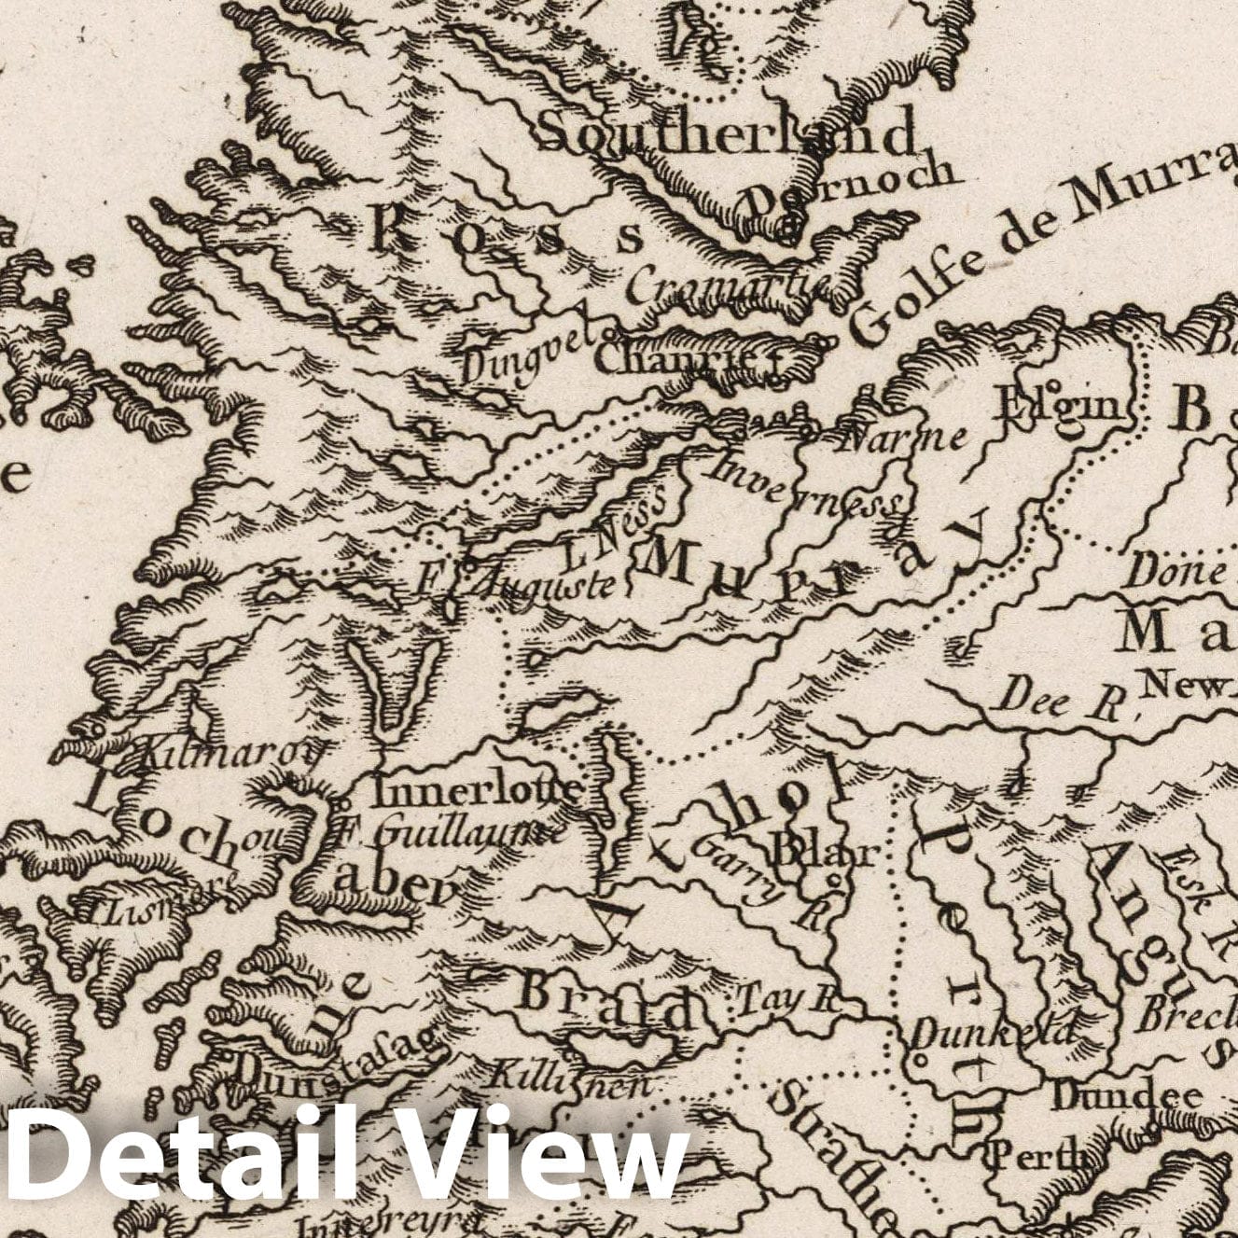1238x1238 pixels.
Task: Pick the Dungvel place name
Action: pos(528,359)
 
